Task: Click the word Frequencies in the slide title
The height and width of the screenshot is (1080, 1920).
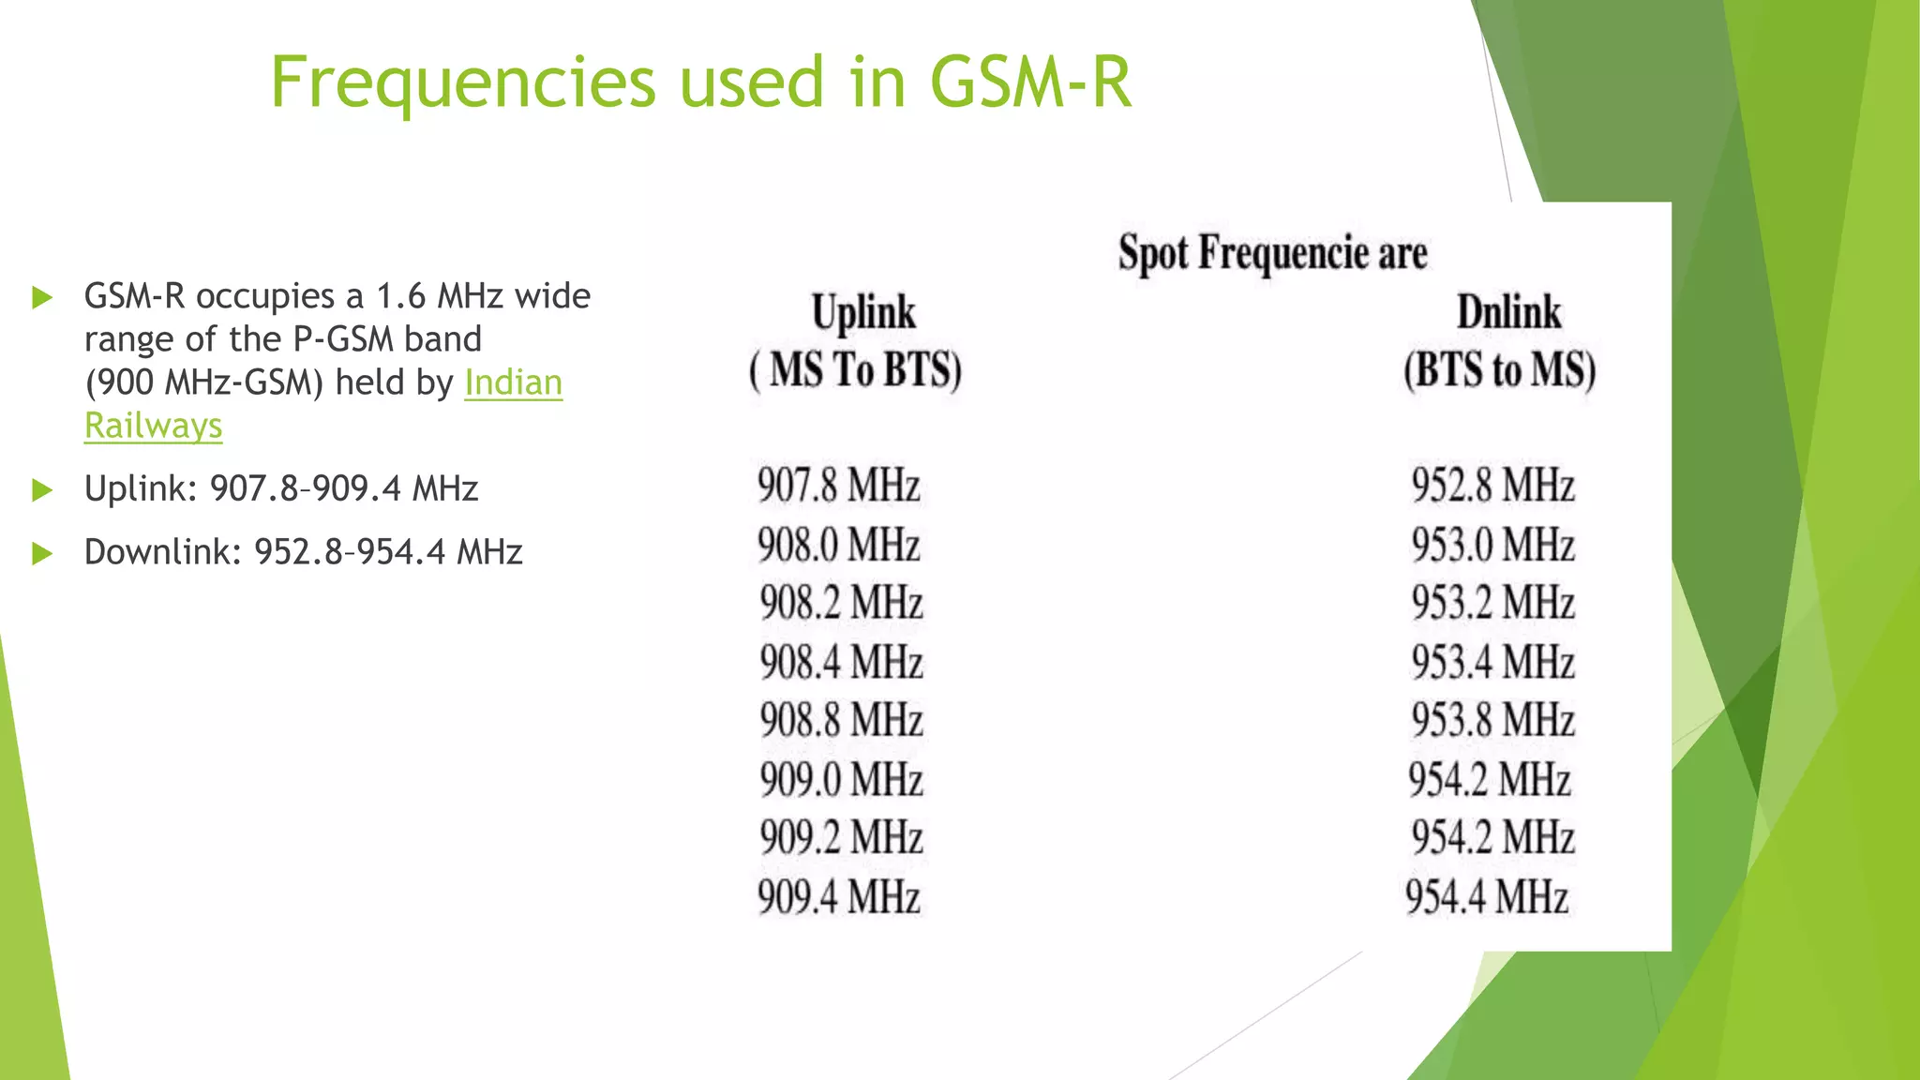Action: (x=463, y=82)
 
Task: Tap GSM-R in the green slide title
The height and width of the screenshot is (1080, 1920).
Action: (x=1030, y=82)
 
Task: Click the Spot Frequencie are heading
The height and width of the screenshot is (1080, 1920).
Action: (x=1272, y=253)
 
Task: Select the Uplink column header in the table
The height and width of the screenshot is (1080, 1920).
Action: (x=863, y=312)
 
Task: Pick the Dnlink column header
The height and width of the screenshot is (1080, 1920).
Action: (x=1508, y=312)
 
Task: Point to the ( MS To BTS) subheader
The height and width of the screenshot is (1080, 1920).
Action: (x=855, y=369)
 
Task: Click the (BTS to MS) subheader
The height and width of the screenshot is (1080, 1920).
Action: (x=1499, y=369)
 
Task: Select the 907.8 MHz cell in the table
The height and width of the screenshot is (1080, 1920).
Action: (x=838, y=486)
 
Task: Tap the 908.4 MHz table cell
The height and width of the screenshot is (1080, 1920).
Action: (x=841, y=662)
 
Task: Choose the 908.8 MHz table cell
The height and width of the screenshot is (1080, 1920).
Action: (x=841, y=720)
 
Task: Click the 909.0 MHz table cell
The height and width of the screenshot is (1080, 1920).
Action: (x=841, y=779)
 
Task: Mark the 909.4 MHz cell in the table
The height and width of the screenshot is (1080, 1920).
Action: (x=838, y=896)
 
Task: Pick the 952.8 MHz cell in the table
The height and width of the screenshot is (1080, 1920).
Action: (x=1492, y=486)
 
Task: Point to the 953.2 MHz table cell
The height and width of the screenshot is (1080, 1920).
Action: (x=1492, y=603)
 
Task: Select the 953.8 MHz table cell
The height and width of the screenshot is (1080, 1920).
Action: (x=1492, y=720)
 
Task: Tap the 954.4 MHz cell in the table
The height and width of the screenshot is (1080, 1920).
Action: (x=1486, y=896)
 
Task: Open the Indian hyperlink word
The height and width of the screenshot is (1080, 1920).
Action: (x=513, y=382)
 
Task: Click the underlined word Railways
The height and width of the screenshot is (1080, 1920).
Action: (x=154, y=426)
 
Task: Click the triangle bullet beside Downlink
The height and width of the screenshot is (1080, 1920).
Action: (x=42, y=553)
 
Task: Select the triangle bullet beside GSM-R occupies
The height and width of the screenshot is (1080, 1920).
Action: (x=42, y=298)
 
